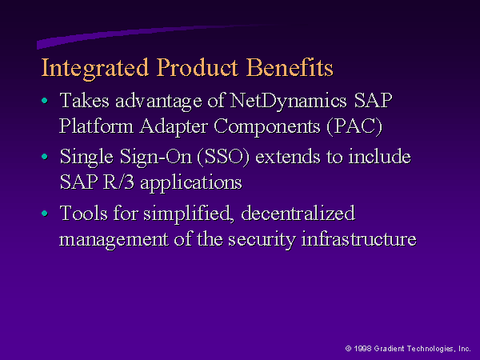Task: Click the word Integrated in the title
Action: (95, 69)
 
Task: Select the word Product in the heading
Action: (197, 67)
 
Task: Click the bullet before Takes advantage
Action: (45, 100)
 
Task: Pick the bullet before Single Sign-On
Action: (45, 157)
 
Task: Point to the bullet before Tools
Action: (45, 213)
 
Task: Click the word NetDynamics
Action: (288, 102)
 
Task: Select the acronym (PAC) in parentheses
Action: (354, 126)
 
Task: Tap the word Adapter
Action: (174, 127)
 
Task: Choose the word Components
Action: (267, 127)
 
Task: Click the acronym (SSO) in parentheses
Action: (223, 157)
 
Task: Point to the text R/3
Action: (118, 182)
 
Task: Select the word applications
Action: (191, 183)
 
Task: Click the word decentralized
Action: (298, 213)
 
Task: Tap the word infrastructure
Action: (358, 238)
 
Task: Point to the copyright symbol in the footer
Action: (348, 348)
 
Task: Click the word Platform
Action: (96, 126)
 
